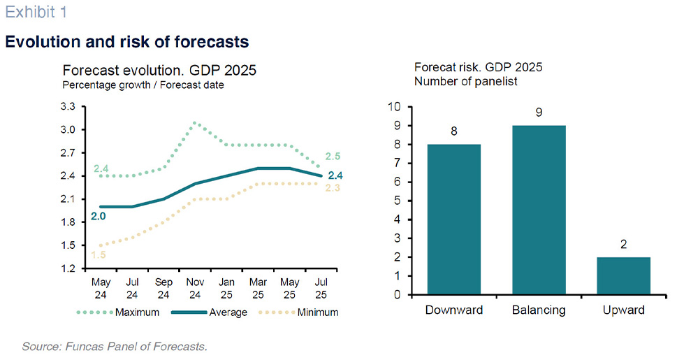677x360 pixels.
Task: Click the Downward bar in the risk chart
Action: click(x=453, y=219)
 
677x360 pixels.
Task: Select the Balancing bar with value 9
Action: click(x=539, y=210)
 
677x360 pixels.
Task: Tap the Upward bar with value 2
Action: click(x=624, y=275)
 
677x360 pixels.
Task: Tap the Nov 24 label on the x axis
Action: click(x=194, y=288)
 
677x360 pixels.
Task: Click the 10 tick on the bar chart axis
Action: click(x=396, y=107)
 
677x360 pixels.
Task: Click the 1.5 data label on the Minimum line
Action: click(x=98, y=254)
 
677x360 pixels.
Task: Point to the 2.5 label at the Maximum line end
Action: click(x=333, y=156)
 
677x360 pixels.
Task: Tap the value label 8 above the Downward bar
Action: click(x=453, y=131)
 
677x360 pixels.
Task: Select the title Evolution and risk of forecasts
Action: click(x=126, y=41)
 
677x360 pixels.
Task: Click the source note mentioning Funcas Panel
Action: click(x=115, y=346)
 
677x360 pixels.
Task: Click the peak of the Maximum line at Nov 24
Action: click(x=194, y=122)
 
